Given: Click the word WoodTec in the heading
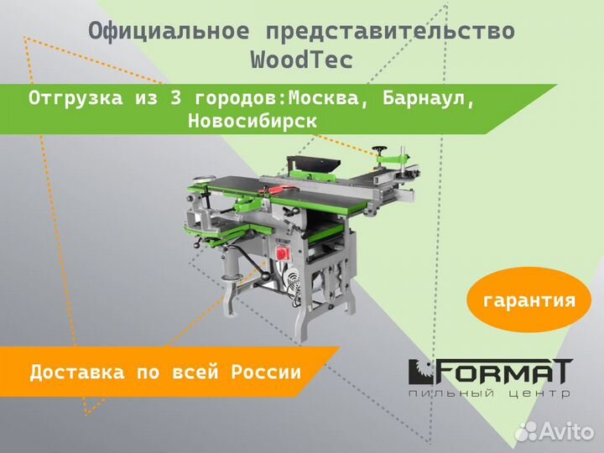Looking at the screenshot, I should (302, 60).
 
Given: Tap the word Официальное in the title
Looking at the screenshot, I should (169, 32).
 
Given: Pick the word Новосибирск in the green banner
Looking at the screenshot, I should (253, 121).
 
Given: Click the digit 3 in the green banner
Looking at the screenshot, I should (175, 98).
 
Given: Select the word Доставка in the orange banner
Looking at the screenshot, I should (77, 372).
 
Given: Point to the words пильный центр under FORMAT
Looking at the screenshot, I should (491, 393).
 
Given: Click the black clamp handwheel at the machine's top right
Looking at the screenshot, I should (385, 151).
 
